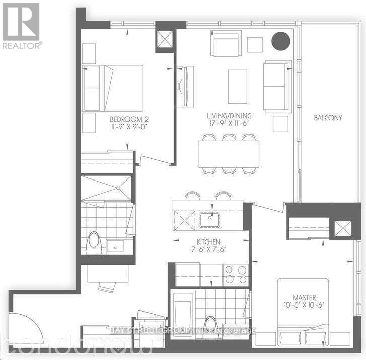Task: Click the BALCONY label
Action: coord(328,118)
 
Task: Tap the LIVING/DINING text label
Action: coord(231,116)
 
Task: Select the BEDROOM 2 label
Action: coord(129,119)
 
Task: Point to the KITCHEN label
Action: coord(209,242)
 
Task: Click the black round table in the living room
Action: coord(280,41)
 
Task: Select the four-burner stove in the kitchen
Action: coord(236,275)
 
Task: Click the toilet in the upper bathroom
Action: coord(94,242)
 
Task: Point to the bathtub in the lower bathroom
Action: coord(182,312)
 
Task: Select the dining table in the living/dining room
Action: coord(229,154)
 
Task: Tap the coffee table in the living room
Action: coord(238,86)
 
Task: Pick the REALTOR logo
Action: coord(21,25)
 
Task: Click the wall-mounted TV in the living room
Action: coord(185,86)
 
